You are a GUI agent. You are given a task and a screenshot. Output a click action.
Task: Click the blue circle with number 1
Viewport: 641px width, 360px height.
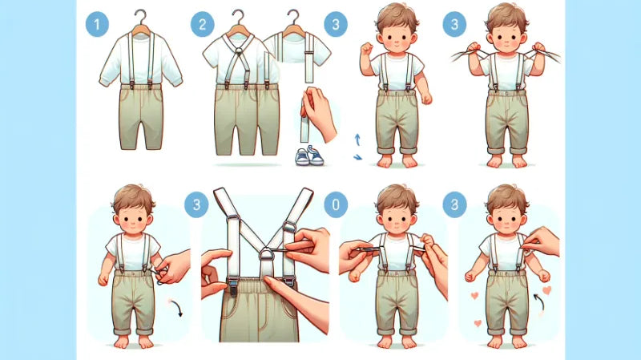(x=97, y=25)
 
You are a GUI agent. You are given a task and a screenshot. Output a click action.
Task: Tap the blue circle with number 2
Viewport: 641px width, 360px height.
(x=203, y=25)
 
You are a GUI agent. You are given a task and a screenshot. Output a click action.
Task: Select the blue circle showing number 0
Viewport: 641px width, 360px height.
(x=336, y=204)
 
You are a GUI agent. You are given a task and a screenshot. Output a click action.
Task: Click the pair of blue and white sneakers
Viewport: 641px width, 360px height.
(x=309, y=156)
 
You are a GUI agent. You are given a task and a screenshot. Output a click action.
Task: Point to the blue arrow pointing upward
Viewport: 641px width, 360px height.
(x=357, y=140)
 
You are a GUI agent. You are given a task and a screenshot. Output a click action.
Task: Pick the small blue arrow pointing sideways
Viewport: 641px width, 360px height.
(x=357, y=156)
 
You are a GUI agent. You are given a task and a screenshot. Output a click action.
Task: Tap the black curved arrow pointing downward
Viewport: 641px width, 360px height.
(x=177, y=308)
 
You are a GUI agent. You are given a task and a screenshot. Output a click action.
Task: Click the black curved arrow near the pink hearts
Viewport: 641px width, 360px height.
(x=537, y=302)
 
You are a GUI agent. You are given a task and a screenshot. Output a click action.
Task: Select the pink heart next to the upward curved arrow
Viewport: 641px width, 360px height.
(x=547, y=290)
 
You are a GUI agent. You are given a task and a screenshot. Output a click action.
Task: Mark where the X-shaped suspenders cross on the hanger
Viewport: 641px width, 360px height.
(x=239, y=52)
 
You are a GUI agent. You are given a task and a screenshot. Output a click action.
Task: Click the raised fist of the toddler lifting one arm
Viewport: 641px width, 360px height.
(x=366, y=48)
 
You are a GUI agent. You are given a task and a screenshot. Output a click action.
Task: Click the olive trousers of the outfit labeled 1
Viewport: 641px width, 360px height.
(x=141, y=117)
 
